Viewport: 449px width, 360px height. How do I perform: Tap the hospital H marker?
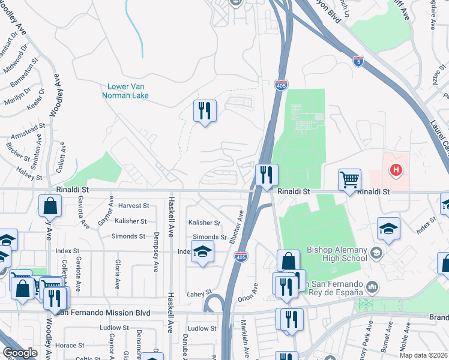[x=396, y=170]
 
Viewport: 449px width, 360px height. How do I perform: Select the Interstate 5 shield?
[x=358, y=62]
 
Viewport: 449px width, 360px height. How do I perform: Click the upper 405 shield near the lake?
[x=281, y=86]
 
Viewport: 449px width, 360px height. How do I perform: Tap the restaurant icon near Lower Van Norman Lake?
[x=205, y=110]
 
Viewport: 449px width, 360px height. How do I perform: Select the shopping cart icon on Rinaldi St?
[x=349, y=179]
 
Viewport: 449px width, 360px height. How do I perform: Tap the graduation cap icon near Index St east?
[x=389, y=228]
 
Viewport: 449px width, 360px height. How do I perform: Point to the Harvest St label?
[x=133, y=206]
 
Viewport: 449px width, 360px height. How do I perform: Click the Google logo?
[x=20, y=353]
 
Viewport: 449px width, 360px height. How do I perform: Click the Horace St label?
[x=70, y=346]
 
